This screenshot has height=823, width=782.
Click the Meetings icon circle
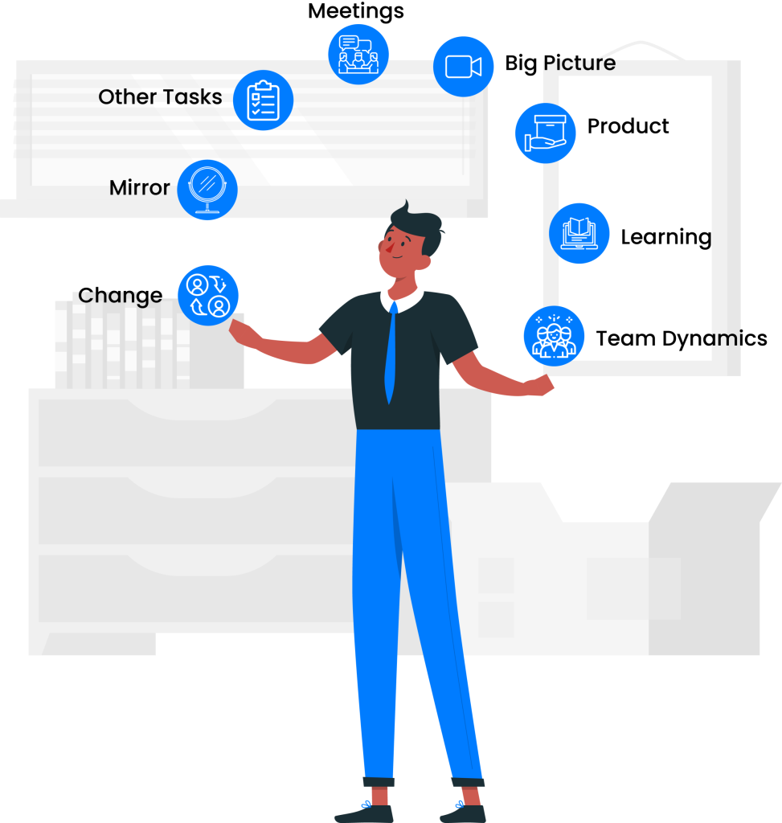tap(358, 54)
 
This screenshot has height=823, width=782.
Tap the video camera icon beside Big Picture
tap(463, 67)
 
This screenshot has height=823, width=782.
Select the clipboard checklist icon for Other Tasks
tap(263, 100)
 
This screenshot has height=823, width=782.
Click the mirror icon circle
tap(207, 190)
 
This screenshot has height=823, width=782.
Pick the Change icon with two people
tap(208, 296)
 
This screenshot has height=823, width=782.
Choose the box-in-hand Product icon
tap(545, 133)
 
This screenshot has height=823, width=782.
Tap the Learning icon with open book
tap(579, 234)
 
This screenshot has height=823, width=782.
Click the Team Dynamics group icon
tap(554, 336)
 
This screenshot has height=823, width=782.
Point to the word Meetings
tap(356, 11)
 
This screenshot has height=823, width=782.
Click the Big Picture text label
tap(560, 63)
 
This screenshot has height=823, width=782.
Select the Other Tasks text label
tap(160, 97)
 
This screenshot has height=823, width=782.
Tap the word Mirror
tap(140, 188)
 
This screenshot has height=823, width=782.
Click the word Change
tap(121, 296)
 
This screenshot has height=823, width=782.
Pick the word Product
tap(628, 126)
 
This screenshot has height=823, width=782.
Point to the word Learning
tap(666, 237)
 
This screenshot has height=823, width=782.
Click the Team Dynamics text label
tap(682, 339)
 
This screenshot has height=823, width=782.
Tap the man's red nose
tap(389, 248)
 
